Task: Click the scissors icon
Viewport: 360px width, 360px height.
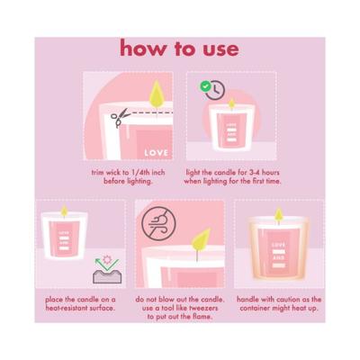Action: tap(120, 117)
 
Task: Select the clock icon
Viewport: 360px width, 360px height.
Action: tap(215, 90)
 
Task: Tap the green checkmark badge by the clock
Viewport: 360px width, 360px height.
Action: tap(205, 86)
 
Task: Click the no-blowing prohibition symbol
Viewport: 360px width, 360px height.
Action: tap(158, 224)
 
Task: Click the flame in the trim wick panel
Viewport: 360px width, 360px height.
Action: tap(157, 94)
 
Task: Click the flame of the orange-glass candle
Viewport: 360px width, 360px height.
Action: tap(279, 213)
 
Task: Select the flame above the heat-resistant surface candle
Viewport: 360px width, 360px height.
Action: tap(64, 211)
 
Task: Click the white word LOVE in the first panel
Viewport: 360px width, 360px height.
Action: tap(156, 153)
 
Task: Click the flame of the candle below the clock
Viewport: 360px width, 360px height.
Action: tap(231, 103)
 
